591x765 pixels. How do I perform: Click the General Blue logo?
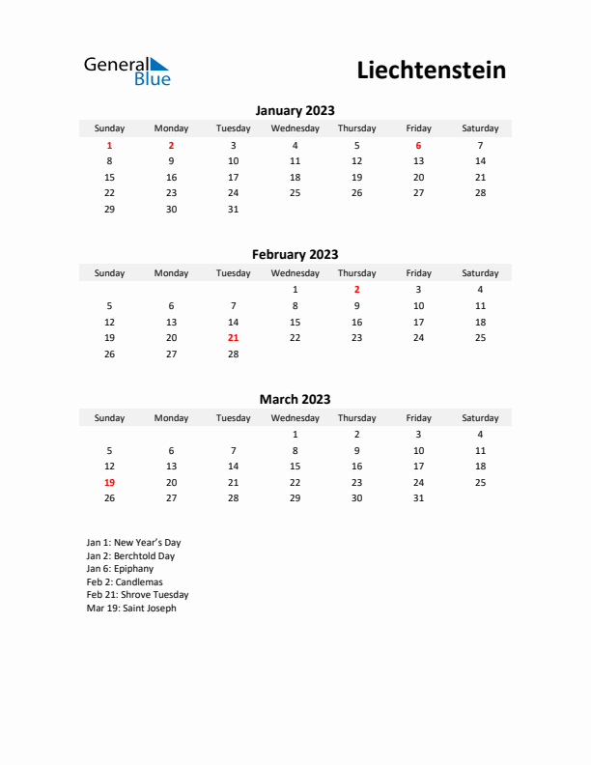click(127, 71)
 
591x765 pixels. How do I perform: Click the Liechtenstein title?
click(431, 71)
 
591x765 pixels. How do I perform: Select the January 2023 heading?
click(295, 110)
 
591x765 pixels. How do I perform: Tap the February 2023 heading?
click(295, 255)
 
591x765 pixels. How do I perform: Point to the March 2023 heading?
click(295, 399)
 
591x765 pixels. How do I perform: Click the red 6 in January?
click(418, 145)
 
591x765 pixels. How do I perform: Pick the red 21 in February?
click(233, 338)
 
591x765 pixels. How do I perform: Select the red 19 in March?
click(109, 482)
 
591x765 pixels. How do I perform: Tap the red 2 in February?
click(356, 289)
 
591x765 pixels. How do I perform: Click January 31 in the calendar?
click(233, 209)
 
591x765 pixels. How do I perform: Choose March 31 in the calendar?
click(418, 498)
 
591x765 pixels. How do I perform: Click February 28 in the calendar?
click(233, 354)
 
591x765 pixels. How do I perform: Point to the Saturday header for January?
click(480, 128)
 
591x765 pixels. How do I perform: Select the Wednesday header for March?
click(295, 418)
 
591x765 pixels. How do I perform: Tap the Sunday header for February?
click(109, 273)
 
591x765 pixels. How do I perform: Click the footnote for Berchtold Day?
click(130, 556)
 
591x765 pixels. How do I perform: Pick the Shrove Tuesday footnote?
click(137, 595)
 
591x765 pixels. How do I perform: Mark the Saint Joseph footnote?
click(131, 609)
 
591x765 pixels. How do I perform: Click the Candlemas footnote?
click(125, 582)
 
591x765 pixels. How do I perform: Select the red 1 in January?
click(109, 145)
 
